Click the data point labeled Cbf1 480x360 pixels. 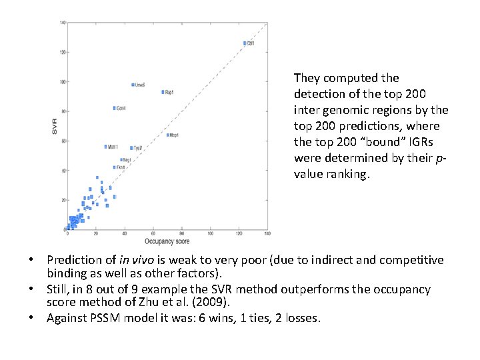pyautogui.click(x=245, y=43)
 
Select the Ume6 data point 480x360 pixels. pyautogui.click(x=133, y=85)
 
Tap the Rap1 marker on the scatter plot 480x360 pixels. pyautogui.click(x=163, y=92)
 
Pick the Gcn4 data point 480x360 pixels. pyautogui.click(x=115, y=108)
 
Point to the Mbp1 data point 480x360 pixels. pyautogui.click(x=167, y=135)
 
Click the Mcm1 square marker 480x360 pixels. pyautogui.click(x=105, y=147)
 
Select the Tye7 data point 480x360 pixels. pyautogui.click(x=131, y=148)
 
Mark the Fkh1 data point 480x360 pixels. pyautogui.click(x=114, y=167)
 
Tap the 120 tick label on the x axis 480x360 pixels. pyautogui.click(x=239, y=233)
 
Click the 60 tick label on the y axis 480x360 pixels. pyautogui.click(x=62, y=141)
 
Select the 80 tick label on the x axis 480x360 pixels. pyautogui.click(x=181, y=233)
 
